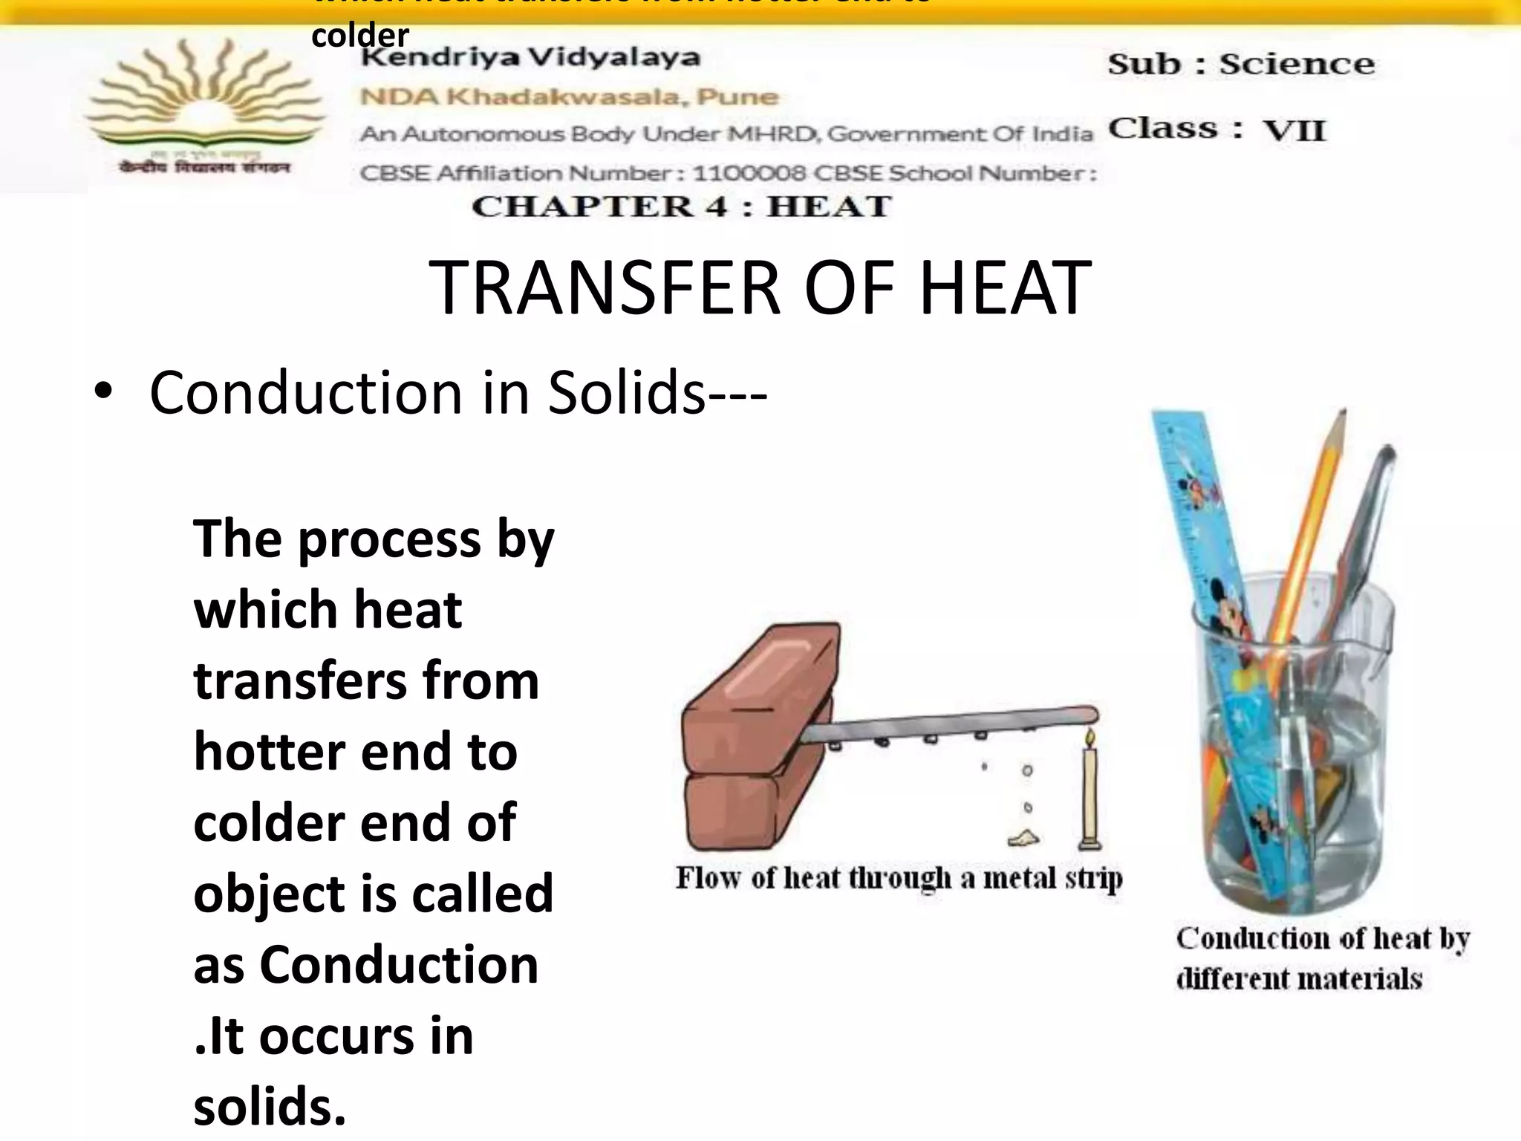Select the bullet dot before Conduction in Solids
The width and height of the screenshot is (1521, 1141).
[x=103, y=391]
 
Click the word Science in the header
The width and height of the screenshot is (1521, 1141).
[x=1296, y=64]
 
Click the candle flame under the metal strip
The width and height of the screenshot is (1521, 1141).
[x=1090, y=738]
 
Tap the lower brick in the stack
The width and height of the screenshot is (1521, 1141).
[x=735, y=810]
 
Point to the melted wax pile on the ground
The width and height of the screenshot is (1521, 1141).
[x=1024, y=838]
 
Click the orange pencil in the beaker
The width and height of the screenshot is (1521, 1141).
[x=1307, y=520]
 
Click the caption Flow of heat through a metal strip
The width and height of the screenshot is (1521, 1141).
[x=899, y=879]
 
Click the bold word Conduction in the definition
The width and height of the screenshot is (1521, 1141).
[x=399, y=965]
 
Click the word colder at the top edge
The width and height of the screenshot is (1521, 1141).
[x=360, y=36]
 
